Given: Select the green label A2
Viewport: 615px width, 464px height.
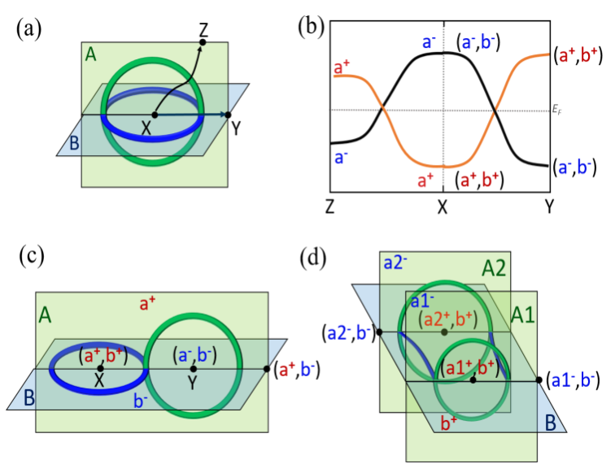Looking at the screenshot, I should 494,268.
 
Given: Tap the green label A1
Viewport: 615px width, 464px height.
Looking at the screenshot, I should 523,314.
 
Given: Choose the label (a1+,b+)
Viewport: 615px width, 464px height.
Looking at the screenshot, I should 473,369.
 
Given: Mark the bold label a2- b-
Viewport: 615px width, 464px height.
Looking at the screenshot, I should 349,332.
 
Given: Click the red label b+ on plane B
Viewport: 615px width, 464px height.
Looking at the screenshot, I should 449,422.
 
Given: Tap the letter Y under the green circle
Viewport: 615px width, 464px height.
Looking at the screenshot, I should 192,383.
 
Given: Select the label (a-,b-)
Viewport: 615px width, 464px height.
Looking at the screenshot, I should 194,355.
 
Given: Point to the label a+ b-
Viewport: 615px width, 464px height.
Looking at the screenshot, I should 296,369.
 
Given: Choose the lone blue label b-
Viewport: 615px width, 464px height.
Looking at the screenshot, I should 140,401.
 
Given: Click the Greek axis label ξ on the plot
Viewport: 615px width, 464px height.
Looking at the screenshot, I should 557,109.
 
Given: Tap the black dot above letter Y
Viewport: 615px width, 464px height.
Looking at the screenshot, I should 193,369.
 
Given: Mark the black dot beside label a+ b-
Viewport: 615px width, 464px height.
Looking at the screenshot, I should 268,369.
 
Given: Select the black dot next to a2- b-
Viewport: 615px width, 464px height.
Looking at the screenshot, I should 380,333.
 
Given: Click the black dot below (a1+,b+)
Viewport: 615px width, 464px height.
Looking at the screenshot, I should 473,380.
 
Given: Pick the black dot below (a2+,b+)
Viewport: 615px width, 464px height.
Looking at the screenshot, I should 444,332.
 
